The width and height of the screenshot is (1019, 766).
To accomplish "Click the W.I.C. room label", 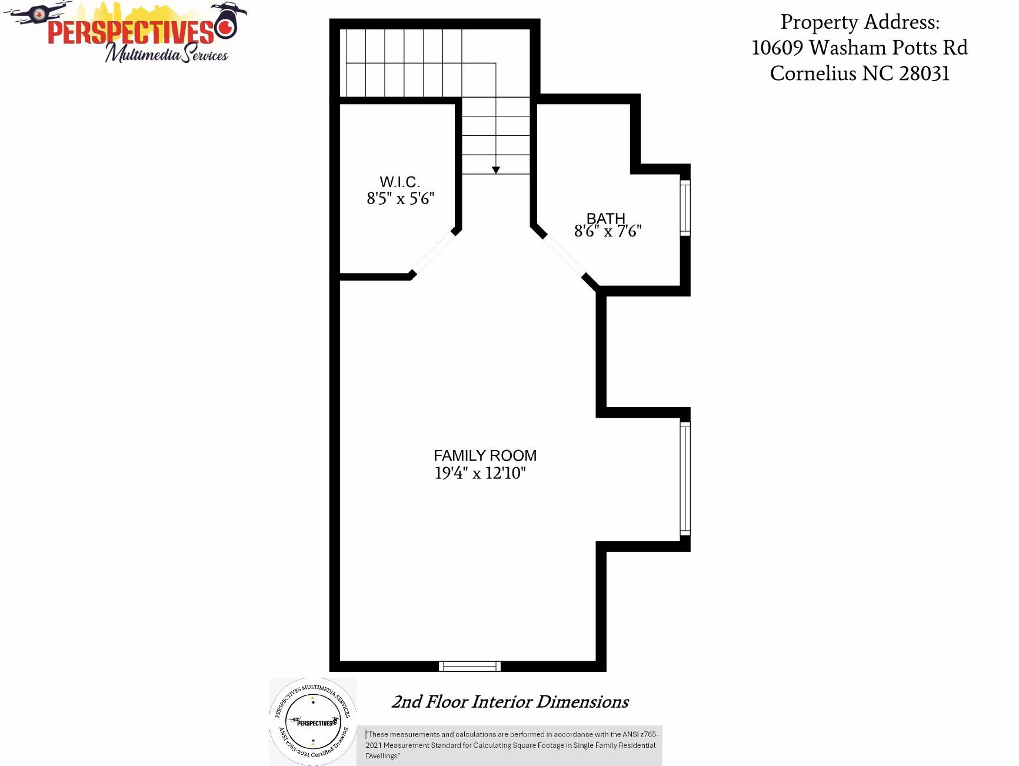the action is tap(399, 182).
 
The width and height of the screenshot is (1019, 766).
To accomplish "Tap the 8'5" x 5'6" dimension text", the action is tap(401, 199).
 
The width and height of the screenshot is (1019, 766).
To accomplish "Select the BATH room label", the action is tap(606, 218).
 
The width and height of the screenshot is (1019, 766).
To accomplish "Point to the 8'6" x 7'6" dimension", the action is tap(608, 231).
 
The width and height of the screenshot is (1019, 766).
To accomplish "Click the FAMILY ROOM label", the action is tap(485, 455).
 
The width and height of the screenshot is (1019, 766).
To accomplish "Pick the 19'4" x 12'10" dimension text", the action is tap(480, 473).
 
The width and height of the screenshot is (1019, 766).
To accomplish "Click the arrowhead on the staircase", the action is tap(496, 170).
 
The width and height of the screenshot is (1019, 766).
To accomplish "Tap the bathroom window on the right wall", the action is tap(685, 208).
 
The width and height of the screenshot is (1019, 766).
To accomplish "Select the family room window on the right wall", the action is tap(685, 478).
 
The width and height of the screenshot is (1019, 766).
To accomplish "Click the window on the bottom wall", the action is tap(469, 666).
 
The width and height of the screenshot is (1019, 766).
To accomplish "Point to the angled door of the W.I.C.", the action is tap(434, 254).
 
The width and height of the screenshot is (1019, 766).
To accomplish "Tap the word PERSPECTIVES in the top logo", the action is tap(131, 32).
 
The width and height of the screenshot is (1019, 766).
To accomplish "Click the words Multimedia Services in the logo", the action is tap(166, 54).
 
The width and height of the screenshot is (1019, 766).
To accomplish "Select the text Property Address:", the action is tap(860, 22).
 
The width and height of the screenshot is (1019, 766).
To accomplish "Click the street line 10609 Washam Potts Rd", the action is tap(860, 48).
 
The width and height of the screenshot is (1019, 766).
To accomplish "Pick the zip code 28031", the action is tap(924, 74).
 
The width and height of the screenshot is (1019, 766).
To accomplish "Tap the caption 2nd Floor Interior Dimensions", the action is tap(510, 702).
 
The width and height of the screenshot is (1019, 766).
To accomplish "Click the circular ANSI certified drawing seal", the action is tap(313, 722).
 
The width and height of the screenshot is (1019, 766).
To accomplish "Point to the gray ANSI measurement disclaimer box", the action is tap(509, 745).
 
